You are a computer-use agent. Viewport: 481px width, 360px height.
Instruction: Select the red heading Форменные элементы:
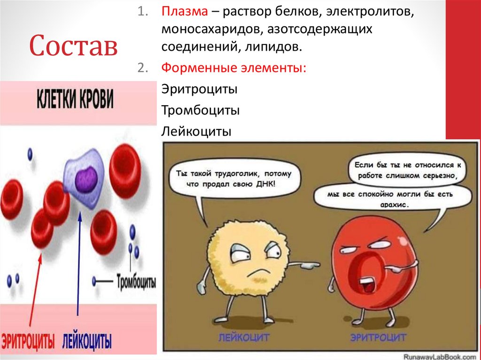[x=233, y=68]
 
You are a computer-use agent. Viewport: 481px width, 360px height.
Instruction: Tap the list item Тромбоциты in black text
[x=201, y=110]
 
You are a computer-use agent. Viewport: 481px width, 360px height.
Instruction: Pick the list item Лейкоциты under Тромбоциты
[x=196, y=131]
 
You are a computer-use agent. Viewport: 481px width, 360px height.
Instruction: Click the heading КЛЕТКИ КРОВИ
[x=75, y=100]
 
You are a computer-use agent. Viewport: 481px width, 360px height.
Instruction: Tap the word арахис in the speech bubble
[x=393, y=205]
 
